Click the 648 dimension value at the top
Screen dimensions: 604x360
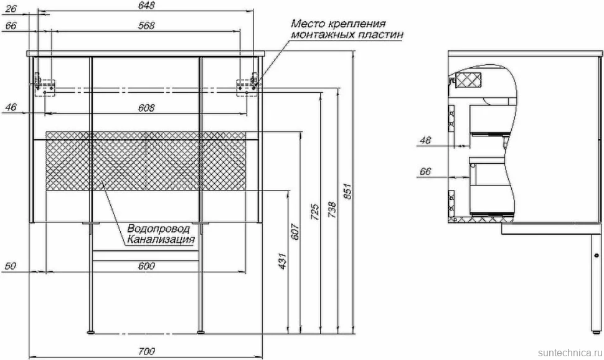coord(146,6)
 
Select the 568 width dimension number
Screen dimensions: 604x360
coord(146,26)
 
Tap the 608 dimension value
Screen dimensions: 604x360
coord(146,108)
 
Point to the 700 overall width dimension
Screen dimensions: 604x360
coord(146,351)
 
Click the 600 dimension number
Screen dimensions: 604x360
coord(146,266)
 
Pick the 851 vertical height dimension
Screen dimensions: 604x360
coord(347,192)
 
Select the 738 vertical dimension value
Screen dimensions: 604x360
coord(332,210)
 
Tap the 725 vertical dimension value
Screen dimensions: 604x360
coord(315,212)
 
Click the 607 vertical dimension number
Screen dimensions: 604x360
coord(295,231)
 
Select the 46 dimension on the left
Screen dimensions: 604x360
coord(11,107)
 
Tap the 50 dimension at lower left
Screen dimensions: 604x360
coord(11,266)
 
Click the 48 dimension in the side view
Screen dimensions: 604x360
coord(425,140)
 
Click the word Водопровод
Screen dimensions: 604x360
coord(159,229)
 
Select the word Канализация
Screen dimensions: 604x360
coord(161,240)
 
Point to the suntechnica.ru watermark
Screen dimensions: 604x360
coord(570,353)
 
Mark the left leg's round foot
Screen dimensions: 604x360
coord(90,332)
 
